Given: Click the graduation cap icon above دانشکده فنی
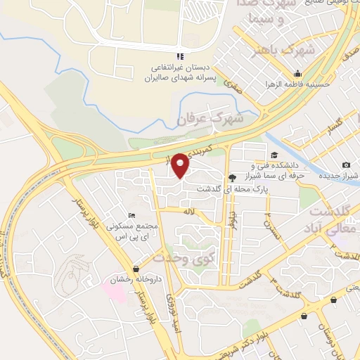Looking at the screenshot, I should click(274, 156).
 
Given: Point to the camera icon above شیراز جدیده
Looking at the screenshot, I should click(346, 165).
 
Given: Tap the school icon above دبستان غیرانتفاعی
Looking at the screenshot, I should click(181, 56).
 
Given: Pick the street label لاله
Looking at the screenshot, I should click(188, 211).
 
